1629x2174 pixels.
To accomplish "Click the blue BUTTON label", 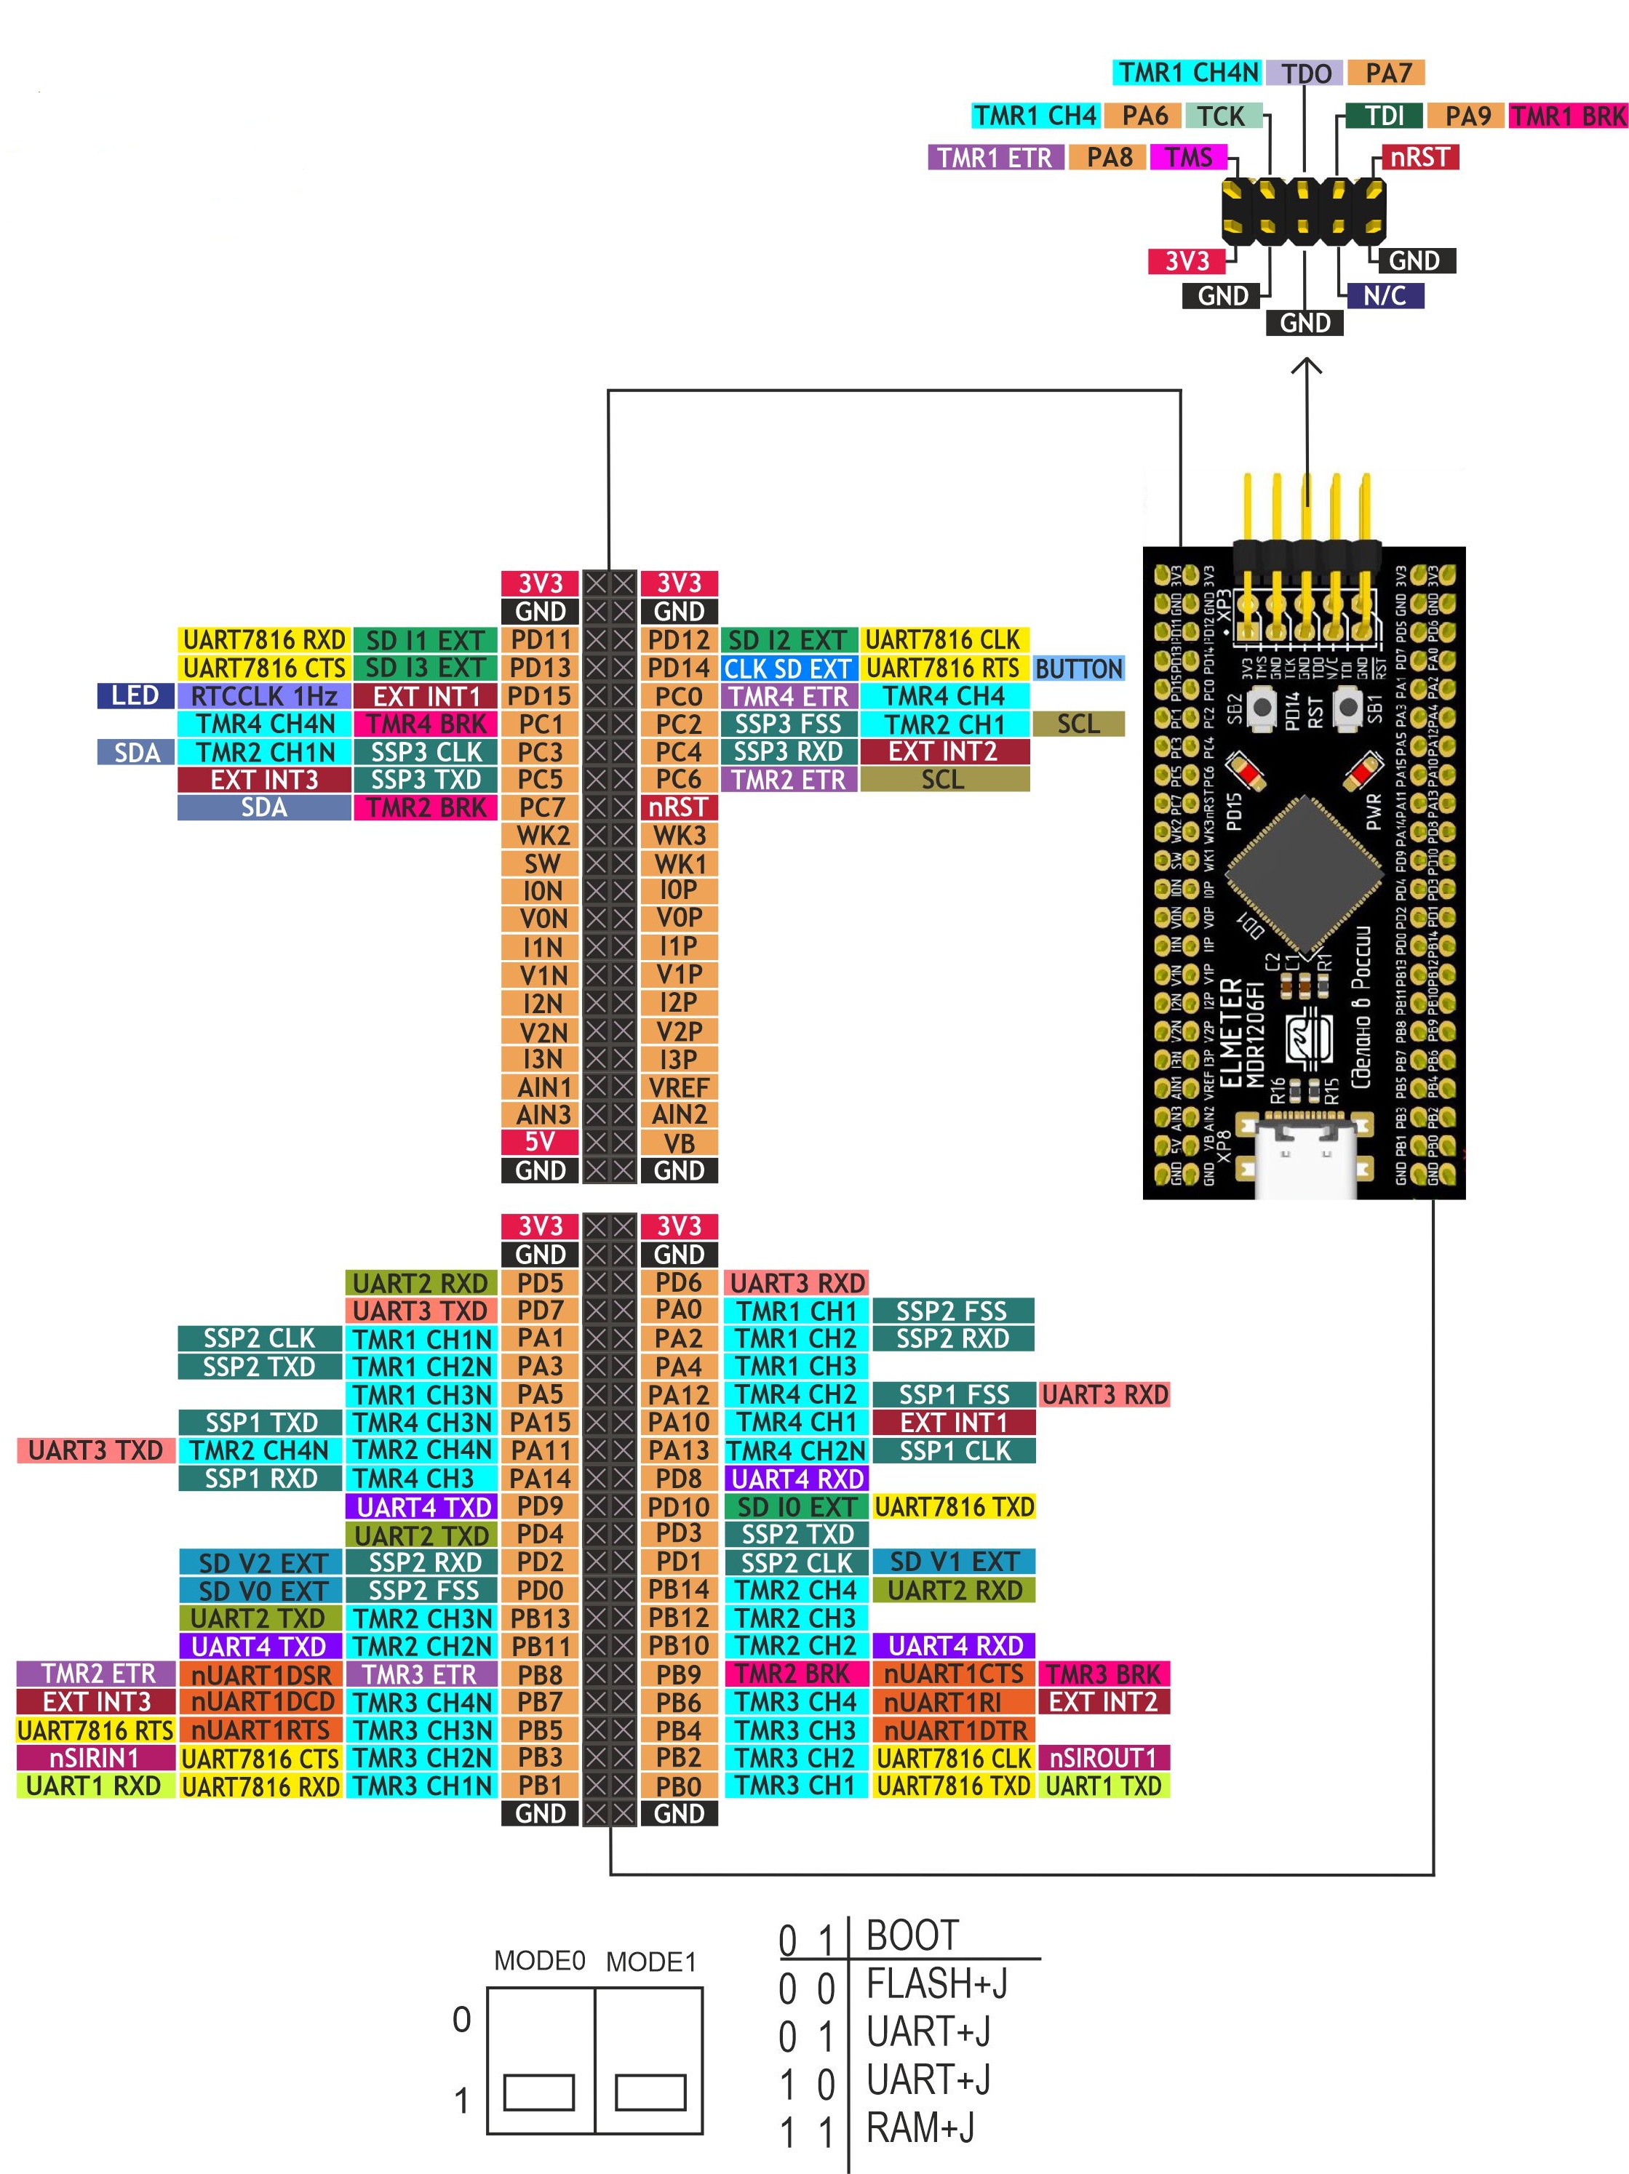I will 1078,669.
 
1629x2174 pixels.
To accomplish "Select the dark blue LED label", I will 135,696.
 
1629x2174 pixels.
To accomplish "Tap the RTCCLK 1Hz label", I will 263,697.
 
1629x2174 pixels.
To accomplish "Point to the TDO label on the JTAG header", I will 1305,73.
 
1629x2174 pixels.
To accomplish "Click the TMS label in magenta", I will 1189,157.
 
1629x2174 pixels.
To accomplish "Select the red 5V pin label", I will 540,1142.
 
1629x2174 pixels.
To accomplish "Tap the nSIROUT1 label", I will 1103,1758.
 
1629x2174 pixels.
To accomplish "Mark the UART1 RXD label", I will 95,1786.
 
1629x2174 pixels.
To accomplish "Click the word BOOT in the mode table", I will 912,1935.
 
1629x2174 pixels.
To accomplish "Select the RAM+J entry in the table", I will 920,2127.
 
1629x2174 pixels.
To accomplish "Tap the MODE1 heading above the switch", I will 651,1962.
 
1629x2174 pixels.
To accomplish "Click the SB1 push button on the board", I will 1348,708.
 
